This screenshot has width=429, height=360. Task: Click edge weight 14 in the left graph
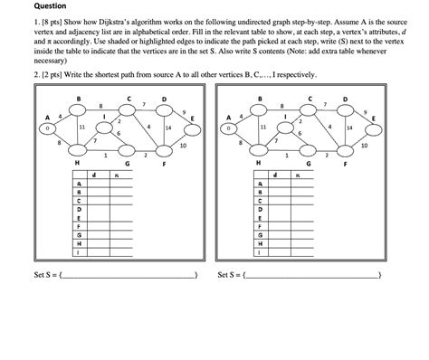click(x=168, y=128)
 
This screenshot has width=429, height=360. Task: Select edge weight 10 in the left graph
click(x=184, y=144)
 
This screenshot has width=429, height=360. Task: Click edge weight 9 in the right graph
click(x=366, y=111)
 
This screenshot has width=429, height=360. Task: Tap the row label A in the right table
click(x=261, y=184)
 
